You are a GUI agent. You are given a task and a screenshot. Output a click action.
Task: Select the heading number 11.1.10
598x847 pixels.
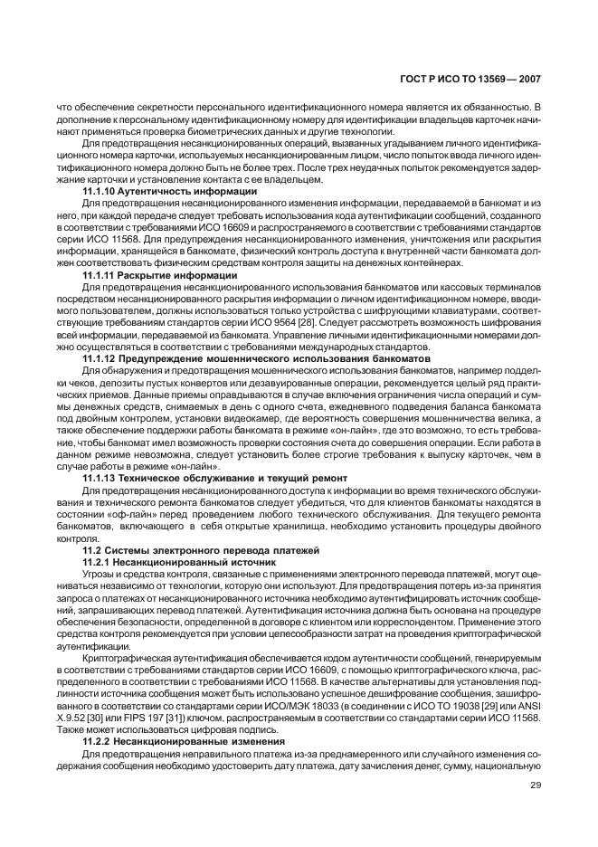101,191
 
